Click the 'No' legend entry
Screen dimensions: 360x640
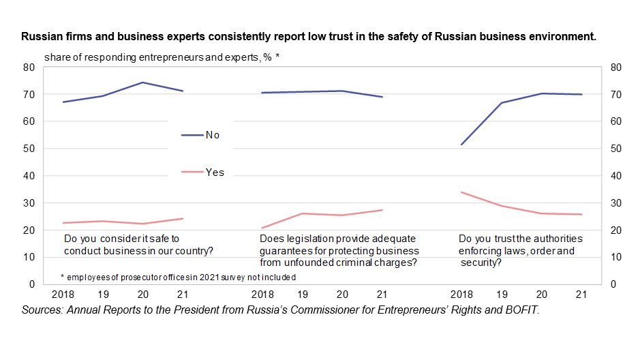coord(212,135)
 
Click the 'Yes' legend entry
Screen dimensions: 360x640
coord(214,172)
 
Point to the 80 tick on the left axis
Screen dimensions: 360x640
coord(29,67)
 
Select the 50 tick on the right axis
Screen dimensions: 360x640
coord(616,149)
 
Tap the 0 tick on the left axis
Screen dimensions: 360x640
coord(31,284)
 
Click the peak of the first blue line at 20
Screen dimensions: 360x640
coord(143,82)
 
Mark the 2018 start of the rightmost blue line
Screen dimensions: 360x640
coord(462,145)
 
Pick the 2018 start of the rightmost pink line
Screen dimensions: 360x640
coord(462,192)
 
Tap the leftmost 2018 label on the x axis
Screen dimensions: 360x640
coord(63,295)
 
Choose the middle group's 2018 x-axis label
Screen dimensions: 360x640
coord(263,295)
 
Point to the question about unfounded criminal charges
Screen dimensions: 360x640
coord(339,250)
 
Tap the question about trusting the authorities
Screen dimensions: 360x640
coord(521,250)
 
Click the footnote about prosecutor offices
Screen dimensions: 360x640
coord(178,277)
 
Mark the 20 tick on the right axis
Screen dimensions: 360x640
coord(616,230)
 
